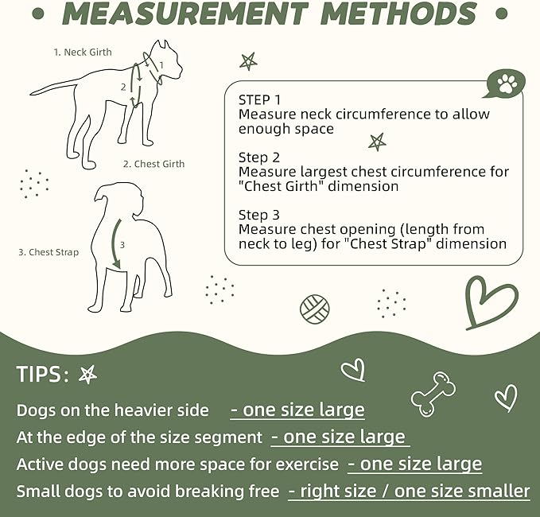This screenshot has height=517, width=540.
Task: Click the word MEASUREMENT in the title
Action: pyautogui.click(x=185, y=14)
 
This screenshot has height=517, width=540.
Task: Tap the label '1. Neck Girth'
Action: pyautogui.click(x=83, y=52)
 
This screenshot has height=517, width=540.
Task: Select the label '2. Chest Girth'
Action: pyautogui.click(x=153, y=164)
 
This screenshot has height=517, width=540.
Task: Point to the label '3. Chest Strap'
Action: pyautogui.click(x=49, y=253)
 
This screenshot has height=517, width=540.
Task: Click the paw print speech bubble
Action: pyautogui.click(x=506, y=84)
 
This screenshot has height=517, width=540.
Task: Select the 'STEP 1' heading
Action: pyautogui.click(x=259, y=100)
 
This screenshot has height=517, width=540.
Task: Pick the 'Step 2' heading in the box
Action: pyautogui.click(x=259, y=157)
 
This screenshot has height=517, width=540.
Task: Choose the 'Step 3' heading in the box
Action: pyautogui.click(x=259, y=215)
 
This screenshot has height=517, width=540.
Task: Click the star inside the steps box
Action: pyautogui.click(x=376, y=142)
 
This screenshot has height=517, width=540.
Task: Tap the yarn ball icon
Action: pyautogui.click(x=314, y=308)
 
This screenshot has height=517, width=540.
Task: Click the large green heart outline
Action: pyautogui.click(x=490, y=301)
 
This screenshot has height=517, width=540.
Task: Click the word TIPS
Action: pyautogui.click(x=43, y=375)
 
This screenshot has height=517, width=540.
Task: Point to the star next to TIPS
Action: pyautogui.click(x=88, y=375)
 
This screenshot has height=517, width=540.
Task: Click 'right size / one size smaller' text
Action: pyautogui.click(x=409, y=491)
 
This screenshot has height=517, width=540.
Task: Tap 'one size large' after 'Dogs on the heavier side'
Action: pyautogui.click(x=297, y=410)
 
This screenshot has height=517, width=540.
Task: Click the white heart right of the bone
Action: pyautogui.click(x=505, y=396)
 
